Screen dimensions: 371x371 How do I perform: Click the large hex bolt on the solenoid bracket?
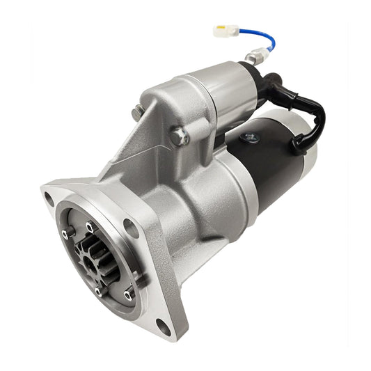[x=179, y=136]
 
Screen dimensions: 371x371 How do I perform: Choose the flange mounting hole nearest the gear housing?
[x=130, y=224]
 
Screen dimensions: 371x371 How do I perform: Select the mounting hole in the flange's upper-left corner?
[x=49, y=197]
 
